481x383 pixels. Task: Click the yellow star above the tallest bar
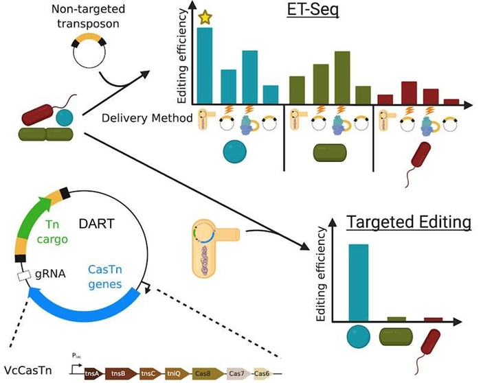205,18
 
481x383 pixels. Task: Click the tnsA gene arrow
91,373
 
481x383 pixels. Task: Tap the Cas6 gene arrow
263,373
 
